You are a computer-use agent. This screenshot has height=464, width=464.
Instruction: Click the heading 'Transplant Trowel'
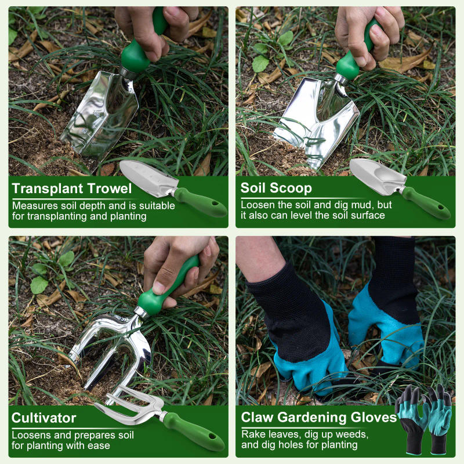coord(72,188)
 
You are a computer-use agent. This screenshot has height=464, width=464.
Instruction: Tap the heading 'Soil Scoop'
coord(276,188)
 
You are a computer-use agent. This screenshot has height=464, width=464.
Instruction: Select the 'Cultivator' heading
coord(44,418)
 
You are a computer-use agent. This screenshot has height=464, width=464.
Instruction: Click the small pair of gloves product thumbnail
coord(423,418)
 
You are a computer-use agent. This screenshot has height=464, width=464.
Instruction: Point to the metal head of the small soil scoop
coord(374,173)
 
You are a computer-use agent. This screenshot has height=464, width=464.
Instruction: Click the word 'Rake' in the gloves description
coord(253,434)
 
